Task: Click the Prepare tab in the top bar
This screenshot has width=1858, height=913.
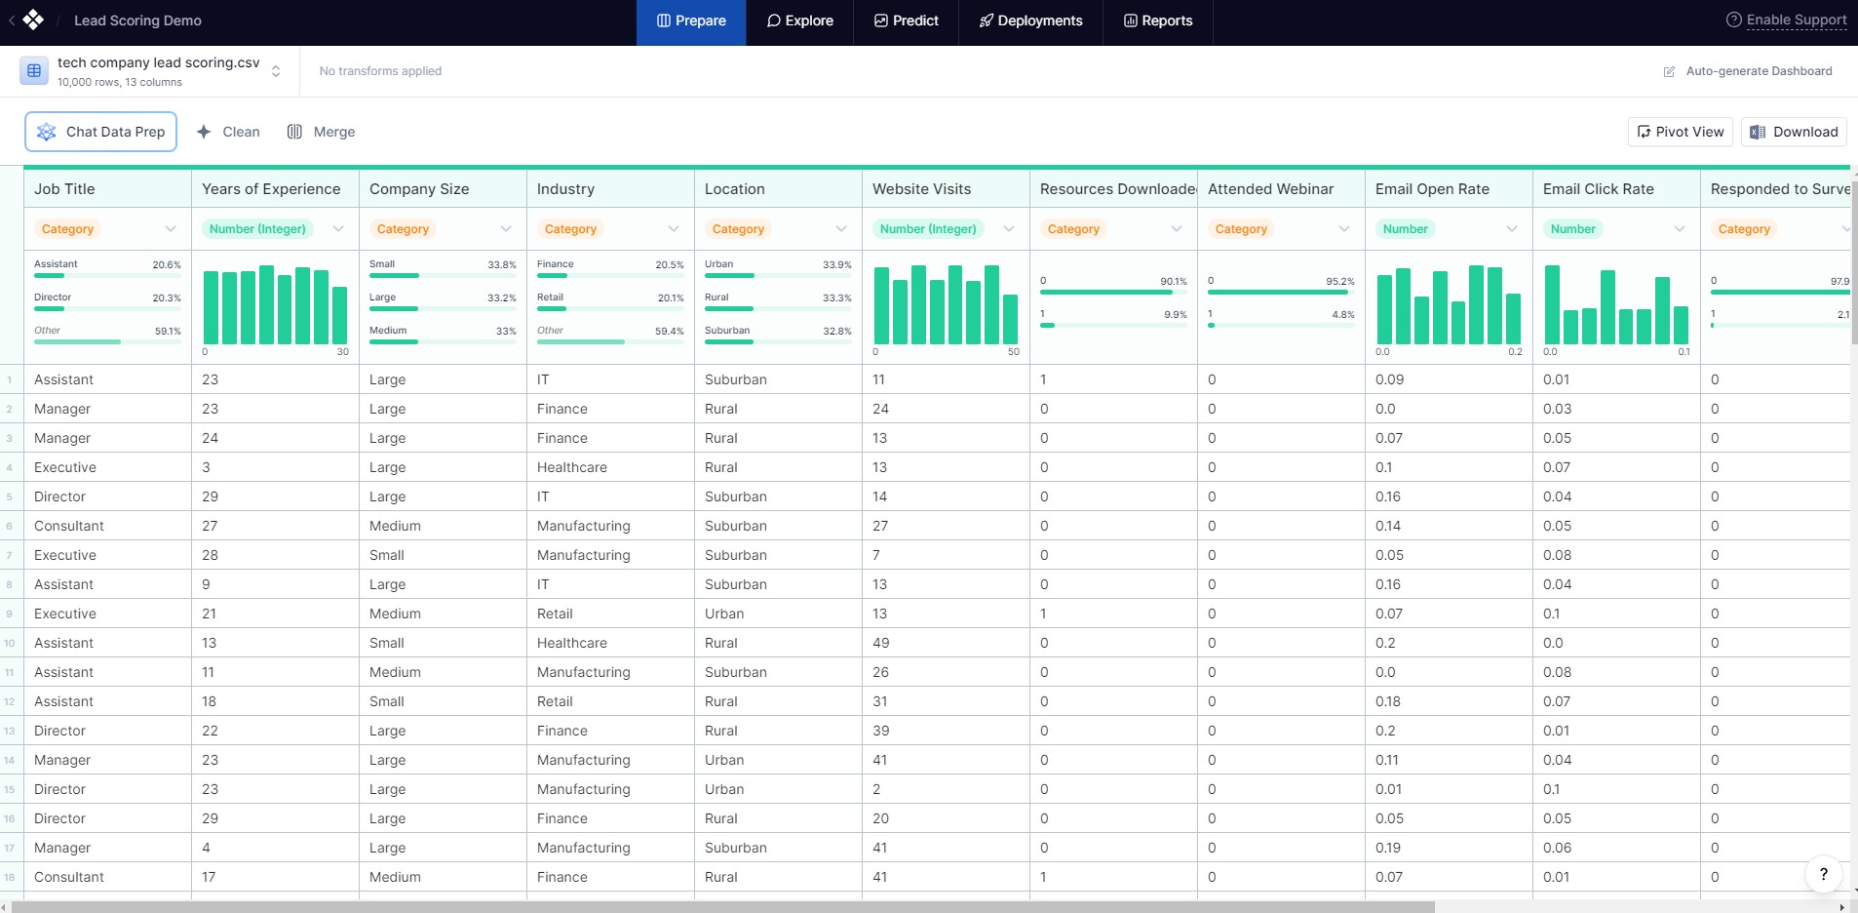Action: [691, 20]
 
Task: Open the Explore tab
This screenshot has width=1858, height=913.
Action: [799, 20]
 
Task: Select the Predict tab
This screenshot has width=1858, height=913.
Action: [906, 20]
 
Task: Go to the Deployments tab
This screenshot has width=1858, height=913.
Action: [1030, 20]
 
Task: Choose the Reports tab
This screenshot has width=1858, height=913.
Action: [1158, 20]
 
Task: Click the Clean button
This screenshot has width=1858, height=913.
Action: [228, 132]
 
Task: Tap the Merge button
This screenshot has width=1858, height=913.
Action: [321, 132]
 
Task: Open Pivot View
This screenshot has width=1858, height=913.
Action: [1680, 132]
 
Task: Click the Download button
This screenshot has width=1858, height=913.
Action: [1794, 132]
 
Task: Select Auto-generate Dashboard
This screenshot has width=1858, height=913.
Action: [1748, 71]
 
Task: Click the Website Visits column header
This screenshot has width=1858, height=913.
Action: [921, 189]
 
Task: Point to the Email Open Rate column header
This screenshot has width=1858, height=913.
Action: [1432, 189]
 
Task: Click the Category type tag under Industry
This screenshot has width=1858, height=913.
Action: [570, 229]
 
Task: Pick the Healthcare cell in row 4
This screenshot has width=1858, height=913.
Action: [572, 467]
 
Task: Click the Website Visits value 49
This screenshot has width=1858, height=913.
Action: [880, 643]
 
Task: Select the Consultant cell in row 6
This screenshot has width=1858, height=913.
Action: [69, 526]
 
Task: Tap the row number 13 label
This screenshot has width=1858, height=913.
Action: [10, 731]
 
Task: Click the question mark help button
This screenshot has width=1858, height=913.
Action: [1823, 874]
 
